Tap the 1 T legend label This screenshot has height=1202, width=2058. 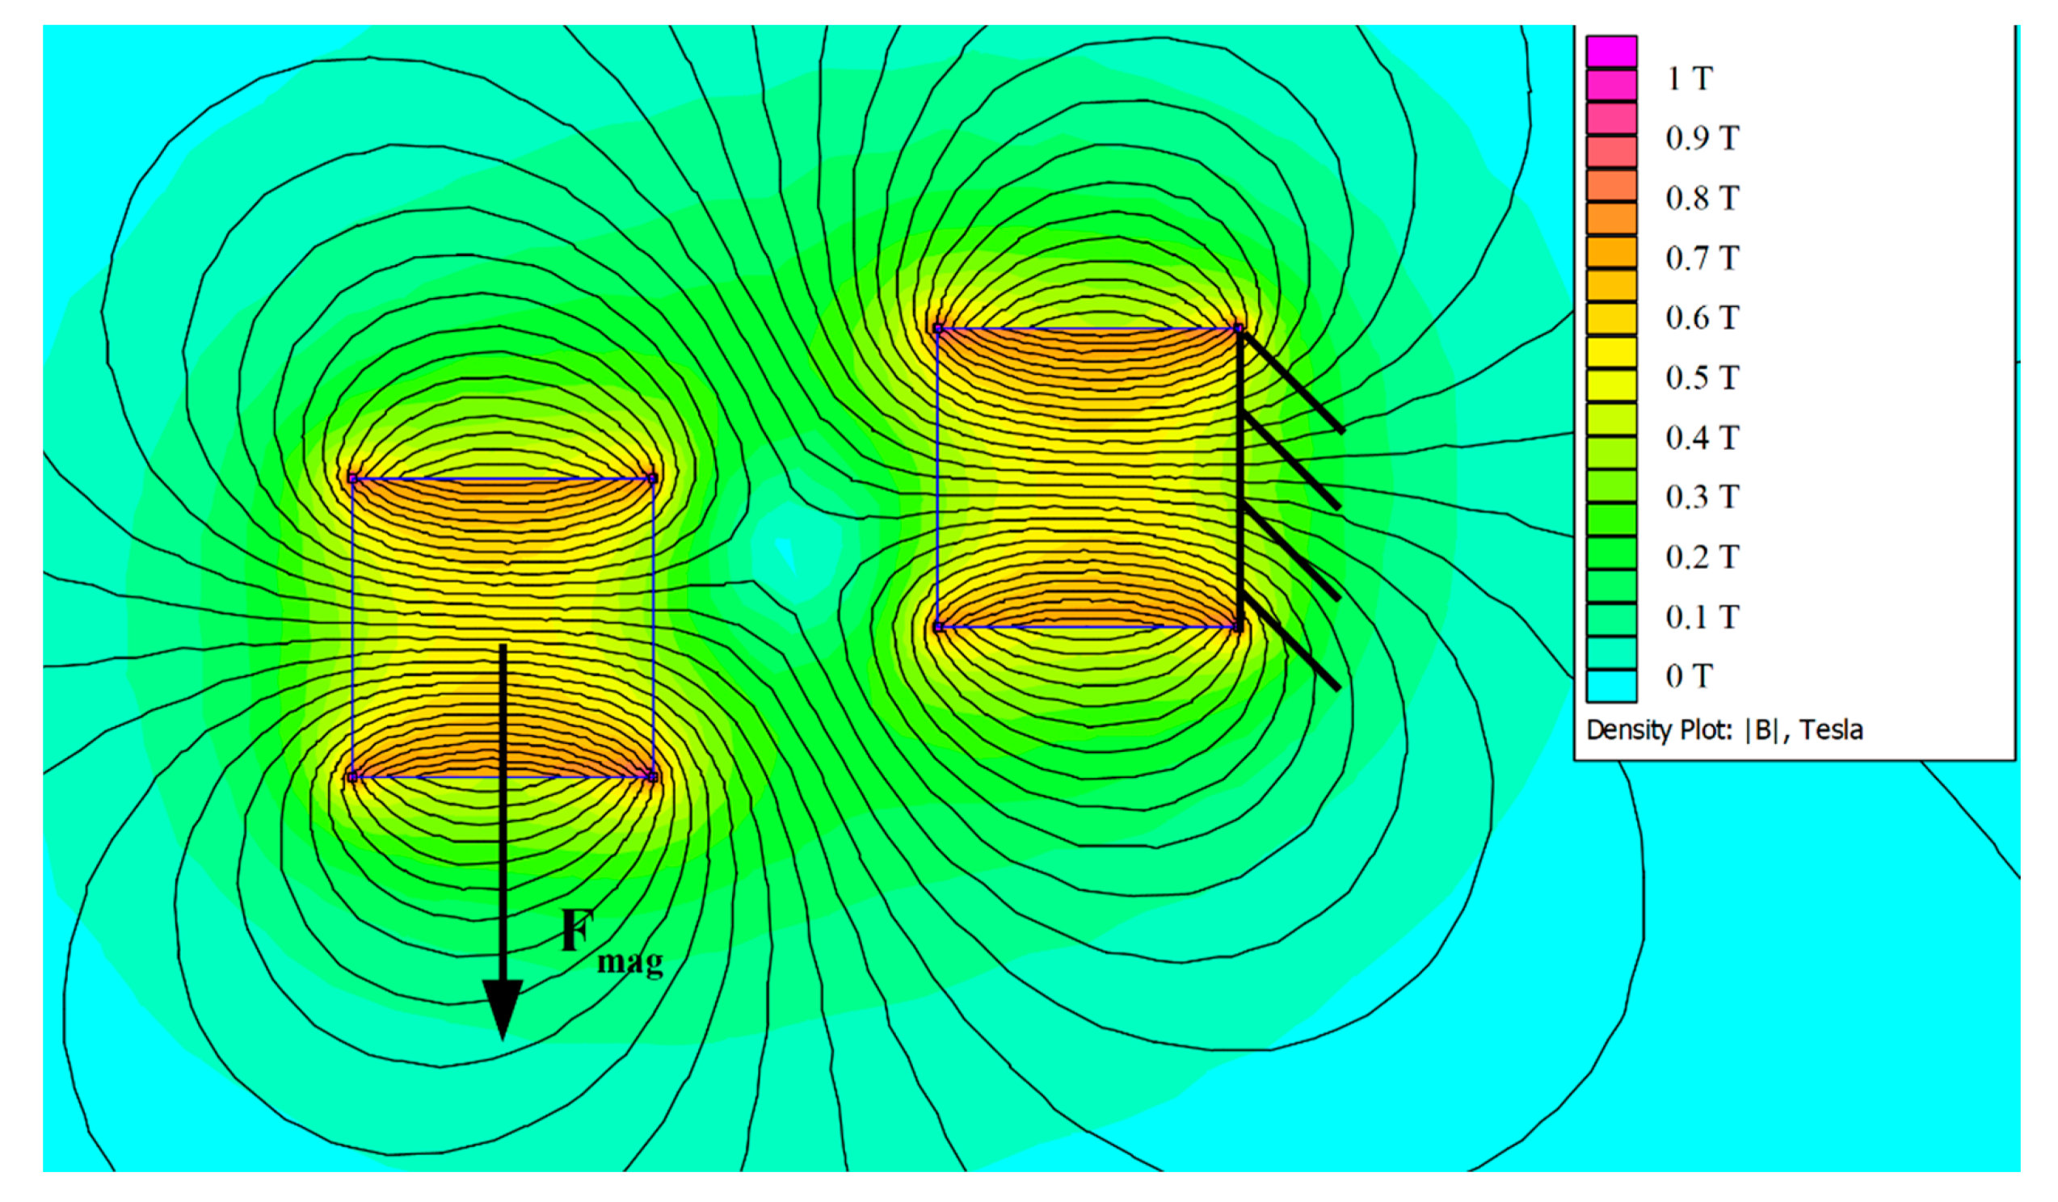1689,79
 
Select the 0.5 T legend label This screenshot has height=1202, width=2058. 1702,377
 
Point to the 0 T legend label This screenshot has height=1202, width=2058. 1689,676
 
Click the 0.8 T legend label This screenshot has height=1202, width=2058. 1702,198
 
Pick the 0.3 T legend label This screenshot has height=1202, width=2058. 1702,497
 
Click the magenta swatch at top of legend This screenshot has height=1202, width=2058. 1611,52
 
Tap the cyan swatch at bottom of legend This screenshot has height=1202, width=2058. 1611,686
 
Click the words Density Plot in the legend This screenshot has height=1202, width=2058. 1658,730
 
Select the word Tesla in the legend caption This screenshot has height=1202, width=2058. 1831,730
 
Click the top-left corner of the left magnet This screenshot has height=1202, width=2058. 353,478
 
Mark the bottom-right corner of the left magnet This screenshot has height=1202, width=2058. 653,776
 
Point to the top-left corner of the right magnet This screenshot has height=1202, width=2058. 938,329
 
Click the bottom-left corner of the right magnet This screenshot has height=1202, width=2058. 938,627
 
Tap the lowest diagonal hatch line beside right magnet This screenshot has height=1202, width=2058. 1292,645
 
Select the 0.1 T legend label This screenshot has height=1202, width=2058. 1702,616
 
